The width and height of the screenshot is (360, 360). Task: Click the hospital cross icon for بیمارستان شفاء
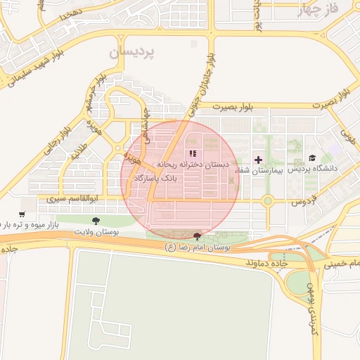258,160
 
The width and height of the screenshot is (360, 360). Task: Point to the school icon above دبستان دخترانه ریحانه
193,153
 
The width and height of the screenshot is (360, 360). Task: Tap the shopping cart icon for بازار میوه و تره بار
22,214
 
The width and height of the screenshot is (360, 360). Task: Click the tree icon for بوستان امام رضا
196,236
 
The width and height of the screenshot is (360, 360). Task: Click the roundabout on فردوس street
268,201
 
